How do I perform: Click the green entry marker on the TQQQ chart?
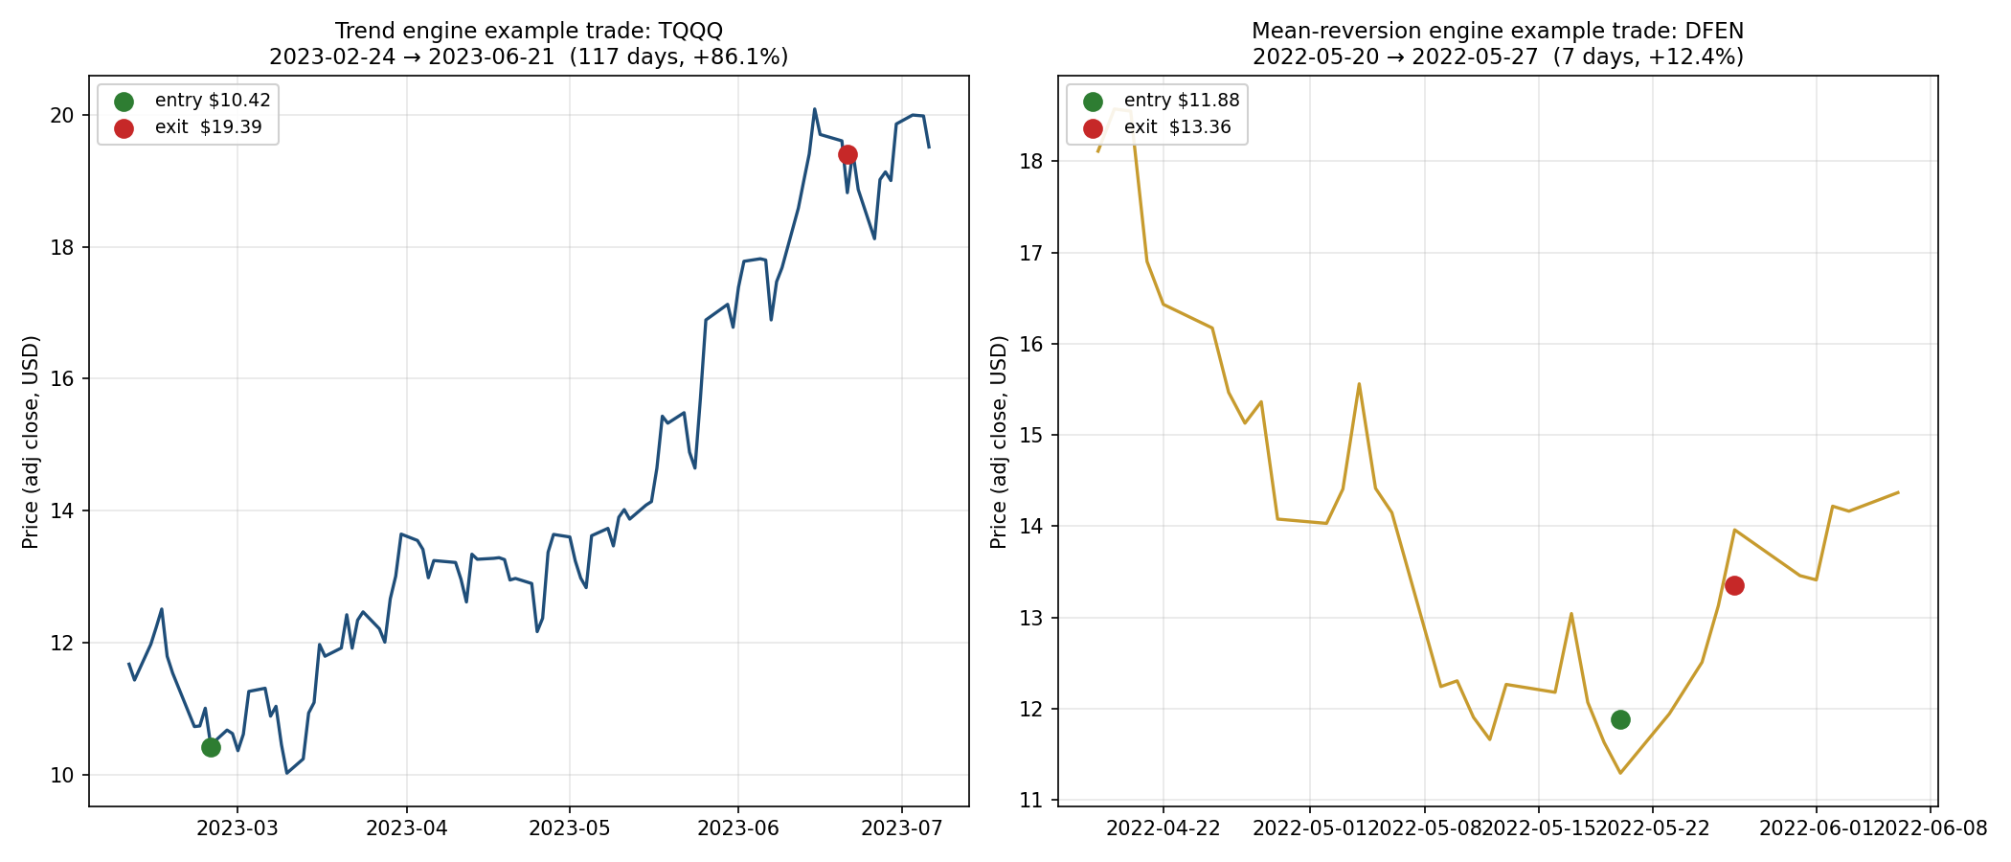(x=211, y=747)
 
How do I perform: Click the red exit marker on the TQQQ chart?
(x=847, y=154)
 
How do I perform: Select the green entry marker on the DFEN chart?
(x=1620, y=719)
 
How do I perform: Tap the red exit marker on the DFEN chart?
(x=1734, y=585)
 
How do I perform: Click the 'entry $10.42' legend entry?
(x=212, y=101)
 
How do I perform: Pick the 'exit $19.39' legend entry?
(x=208, y=127)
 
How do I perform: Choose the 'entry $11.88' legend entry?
(x=1181, y=101)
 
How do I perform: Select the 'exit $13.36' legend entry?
(x=1177, y=127)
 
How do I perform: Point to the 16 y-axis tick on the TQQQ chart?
(x=63, y=378)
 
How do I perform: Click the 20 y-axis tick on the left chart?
(x=63, y=115)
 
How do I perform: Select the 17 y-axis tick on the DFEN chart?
(x=1032, y=253)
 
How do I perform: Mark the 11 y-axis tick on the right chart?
(x=1032, y=800)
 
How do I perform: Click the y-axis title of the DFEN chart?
(x=999, y=442)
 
